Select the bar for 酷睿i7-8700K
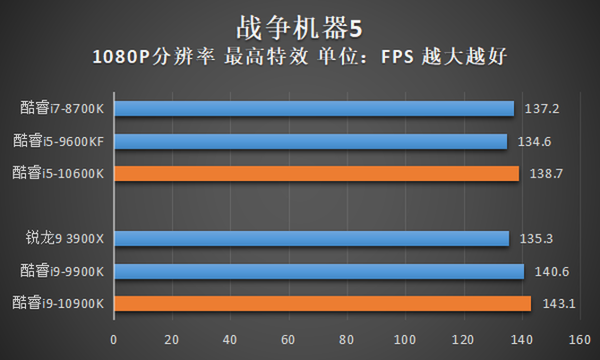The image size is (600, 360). tap(313, 108)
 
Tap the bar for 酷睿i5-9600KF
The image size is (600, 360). tap(310, 141)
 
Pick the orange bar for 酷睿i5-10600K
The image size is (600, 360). tap(316, 173)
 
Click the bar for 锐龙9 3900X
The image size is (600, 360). tap(311, 238)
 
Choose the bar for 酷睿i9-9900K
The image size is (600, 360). tap(319, 270)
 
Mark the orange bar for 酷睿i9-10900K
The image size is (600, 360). tap(322, 304)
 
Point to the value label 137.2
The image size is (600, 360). tap(544, 109)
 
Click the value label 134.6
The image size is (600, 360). tap(537, 141)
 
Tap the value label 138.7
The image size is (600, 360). tap(547, 174)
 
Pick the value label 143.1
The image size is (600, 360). tap(560, 304)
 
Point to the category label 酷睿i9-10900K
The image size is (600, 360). tap(58, 304)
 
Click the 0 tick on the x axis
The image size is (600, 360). tap(114, 340)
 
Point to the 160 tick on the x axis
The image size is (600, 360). tap(579, 340)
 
